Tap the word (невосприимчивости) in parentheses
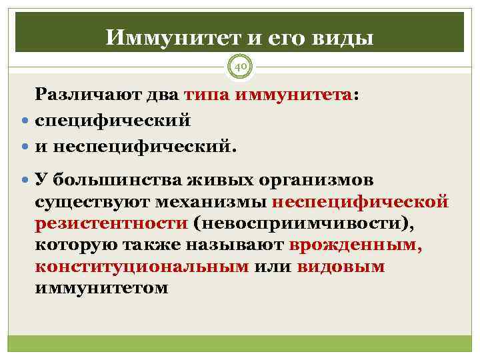[299, 224]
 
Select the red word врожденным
[355, 245]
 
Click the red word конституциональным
[143, 267]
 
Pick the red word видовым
[341, 267]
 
